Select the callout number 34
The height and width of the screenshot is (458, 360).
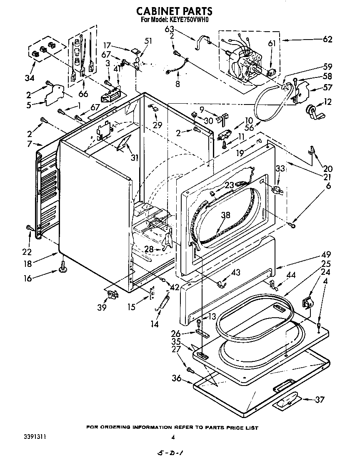point(30,78)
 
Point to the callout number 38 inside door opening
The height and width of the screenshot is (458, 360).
point(225,215)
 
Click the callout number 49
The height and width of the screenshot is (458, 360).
point(326,255)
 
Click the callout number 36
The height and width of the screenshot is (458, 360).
point(176,378)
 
